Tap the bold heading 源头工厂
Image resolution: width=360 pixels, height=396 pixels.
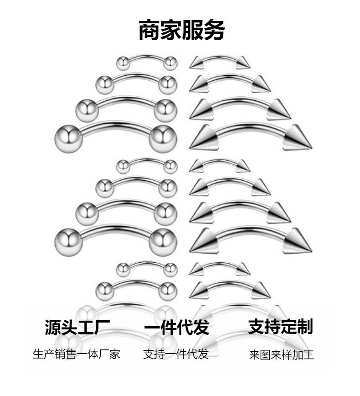77,327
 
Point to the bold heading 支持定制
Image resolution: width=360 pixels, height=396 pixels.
280,327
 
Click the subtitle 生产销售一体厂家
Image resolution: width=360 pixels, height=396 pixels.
77,354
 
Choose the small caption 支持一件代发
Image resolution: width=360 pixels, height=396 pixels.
176,354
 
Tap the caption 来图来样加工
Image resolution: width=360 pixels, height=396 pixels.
281,355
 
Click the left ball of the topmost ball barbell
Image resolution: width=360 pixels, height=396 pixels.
123,63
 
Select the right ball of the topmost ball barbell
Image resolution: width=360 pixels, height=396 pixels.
170,63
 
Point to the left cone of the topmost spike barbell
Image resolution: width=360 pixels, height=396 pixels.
196,63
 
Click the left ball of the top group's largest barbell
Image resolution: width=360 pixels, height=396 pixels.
67,139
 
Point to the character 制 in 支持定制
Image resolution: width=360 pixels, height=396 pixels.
304,327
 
